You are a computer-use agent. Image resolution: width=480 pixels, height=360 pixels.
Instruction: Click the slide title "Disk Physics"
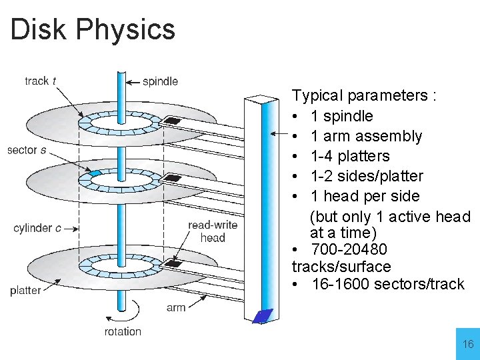(x=93, y=29)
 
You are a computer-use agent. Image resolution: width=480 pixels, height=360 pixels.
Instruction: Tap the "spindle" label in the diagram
(x=160, y=81)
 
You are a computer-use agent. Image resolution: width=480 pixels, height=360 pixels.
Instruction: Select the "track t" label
(x=40, y=81)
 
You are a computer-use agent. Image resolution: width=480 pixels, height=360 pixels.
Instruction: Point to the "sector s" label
(x=27, y=150)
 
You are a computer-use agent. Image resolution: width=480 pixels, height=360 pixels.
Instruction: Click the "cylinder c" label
(x=37, y=228)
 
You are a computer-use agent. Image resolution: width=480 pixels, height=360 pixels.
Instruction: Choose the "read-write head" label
(x=213, y=231)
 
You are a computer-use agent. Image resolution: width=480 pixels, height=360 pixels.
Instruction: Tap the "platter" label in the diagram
(x=25, y=290)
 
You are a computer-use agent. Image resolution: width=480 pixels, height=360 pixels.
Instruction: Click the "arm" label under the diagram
(x=176, y=307)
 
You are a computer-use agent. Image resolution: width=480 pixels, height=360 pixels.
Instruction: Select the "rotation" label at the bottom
(x=123, y=331)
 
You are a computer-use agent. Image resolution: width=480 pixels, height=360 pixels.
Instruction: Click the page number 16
(x=468, y=344)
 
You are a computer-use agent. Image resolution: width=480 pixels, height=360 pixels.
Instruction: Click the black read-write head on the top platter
(x=173, y=121)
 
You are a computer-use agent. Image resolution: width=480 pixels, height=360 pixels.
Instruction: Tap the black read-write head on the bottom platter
(x=173, y=264)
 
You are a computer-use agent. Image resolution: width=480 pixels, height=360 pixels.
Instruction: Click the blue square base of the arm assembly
(x=263, y=315)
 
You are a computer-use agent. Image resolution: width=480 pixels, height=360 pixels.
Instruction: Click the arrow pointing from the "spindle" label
(x=133, y=82)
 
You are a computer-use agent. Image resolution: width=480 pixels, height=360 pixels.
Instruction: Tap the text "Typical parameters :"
(x=364, y=96)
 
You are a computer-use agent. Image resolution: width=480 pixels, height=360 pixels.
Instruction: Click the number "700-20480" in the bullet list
(x=349, y=250)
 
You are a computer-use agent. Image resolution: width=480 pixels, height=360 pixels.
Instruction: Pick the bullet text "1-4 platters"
(x=350, y=156)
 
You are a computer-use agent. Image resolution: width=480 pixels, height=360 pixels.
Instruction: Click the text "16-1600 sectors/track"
(x=387, y=284)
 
